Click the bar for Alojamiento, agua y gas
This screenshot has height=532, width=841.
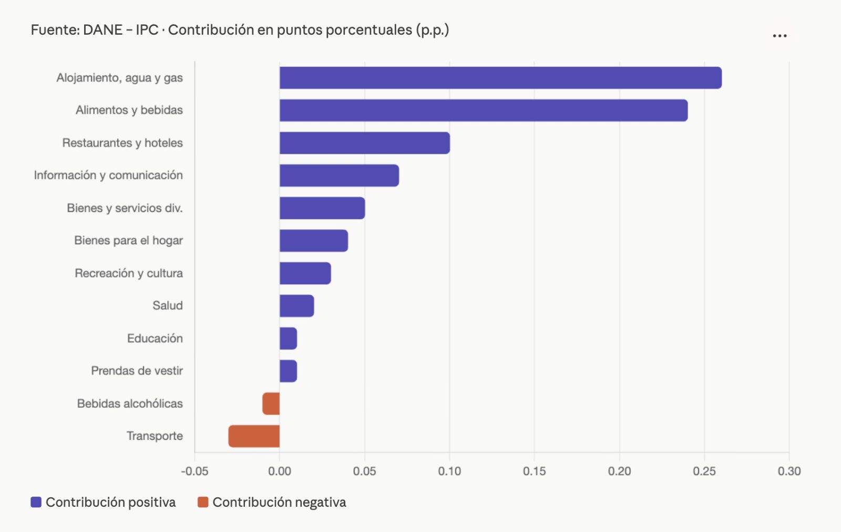point(500,78)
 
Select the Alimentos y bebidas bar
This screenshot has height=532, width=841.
point(484,111)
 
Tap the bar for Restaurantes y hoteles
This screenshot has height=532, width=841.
point(365,143)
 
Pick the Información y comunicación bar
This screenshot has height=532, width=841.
point(339,176)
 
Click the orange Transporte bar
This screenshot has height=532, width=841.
point(254,436)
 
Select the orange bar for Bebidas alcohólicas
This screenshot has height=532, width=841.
point(271,404)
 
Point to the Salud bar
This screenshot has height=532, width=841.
point(297,306)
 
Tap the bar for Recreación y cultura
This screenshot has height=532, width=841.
point(305,274)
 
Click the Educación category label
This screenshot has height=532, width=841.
point(155,338)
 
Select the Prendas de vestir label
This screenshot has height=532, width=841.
point(137,371)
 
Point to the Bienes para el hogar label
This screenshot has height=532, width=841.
point(128,240)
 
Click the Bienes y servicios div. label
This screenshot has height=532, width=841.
point(125,208)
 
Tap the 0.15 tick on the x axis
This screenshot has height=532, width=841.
point(534,471)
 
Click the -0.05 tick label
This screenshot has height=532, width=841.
point(194,471)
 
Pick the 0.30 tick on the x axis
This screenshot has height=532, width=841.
point(789,471)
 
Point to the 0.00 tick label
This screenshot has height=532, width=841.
point(280,471)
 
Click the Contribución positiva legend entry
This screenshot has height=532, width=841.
point(104,502)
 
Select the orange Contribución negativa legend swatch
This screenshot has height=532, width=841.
point(203,502)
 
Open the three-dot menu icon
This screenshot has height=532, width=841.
point(780,36)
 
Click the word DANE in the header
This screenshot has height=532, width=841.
point(102,30)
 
